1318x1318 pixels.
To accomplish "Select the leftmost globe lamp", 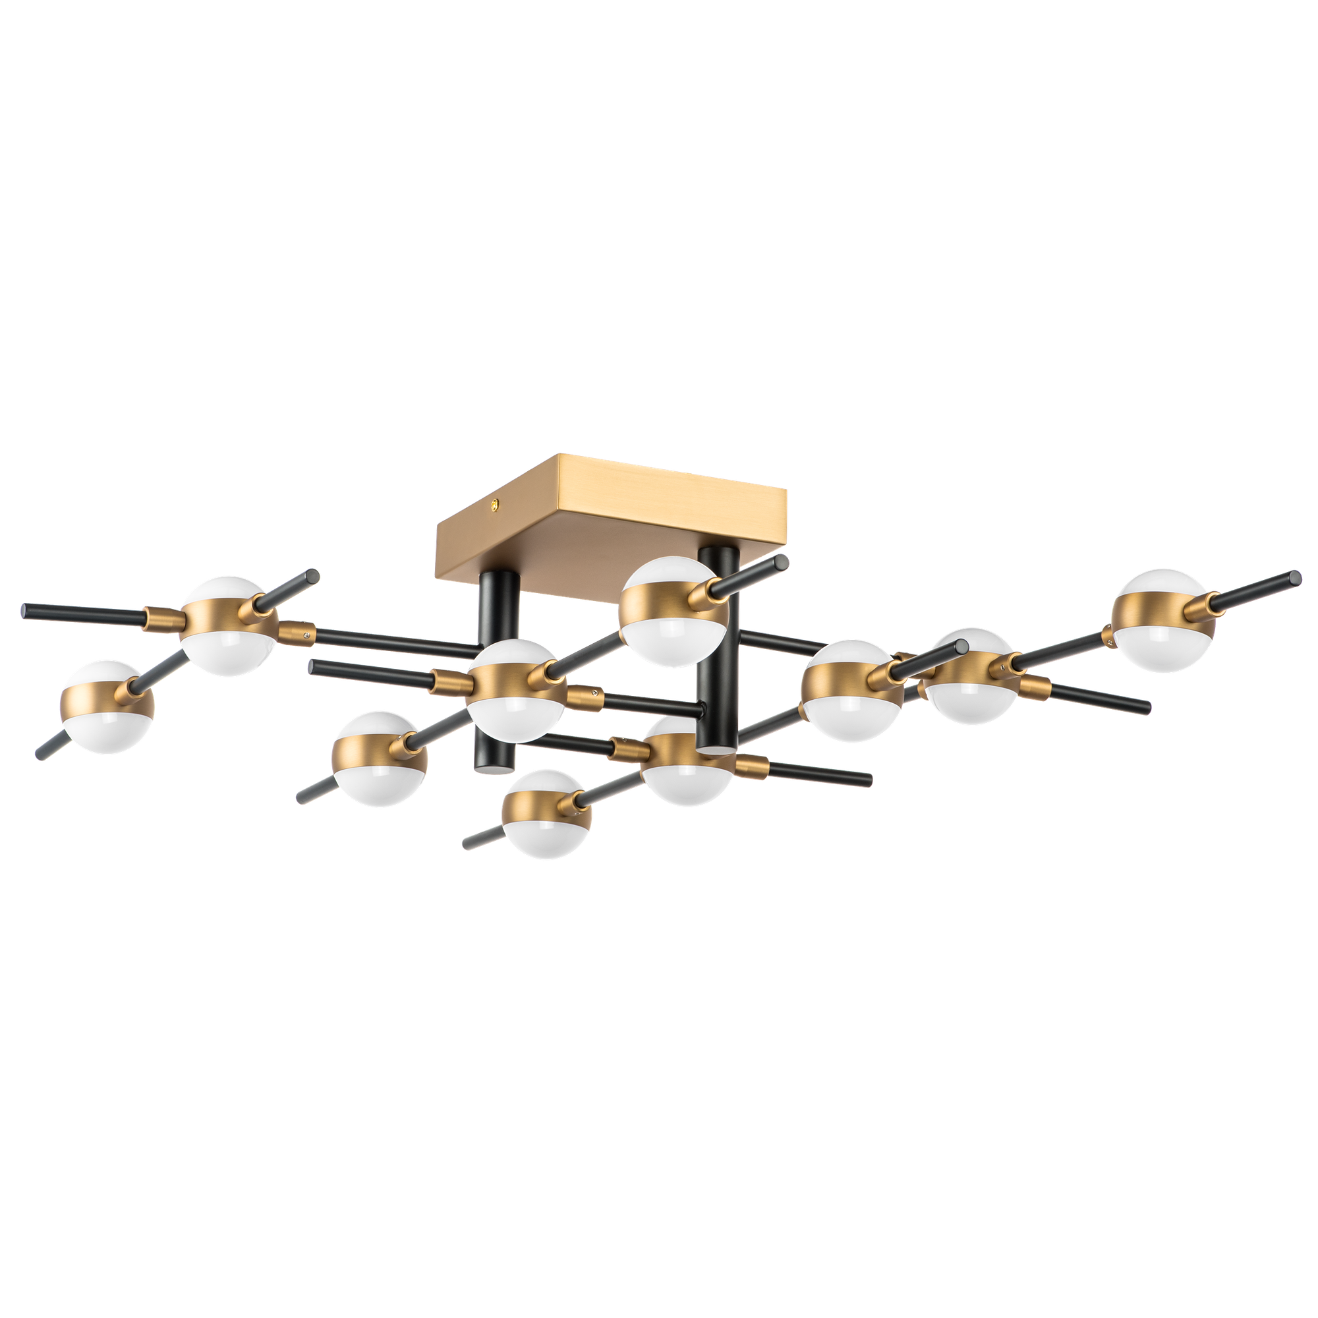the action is pos(107,706).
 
